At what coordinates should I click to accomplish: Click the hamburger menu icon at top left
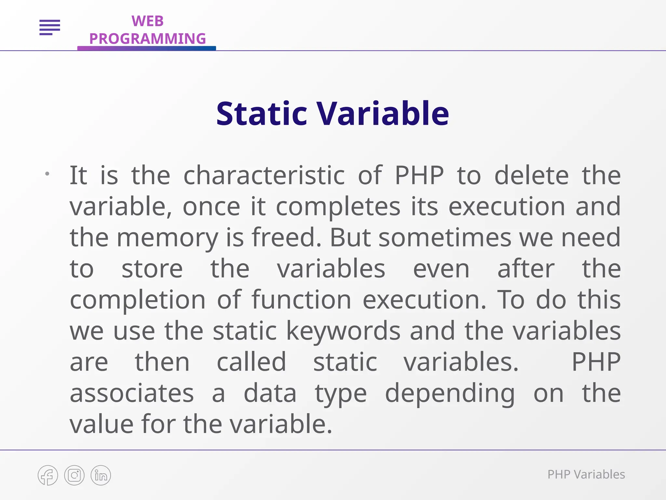coord(50,27)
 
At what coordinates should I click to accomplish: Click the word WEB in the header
coord(147,21)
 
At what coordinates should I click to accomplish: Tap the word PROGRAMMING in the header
coord(147,39)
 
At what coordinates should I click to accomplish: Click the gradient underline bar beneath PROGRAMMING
coord(146,48)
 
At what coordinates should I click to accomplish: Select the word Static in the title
coord(261,114)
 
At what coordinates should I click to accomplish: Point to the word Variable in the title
coord(383,114)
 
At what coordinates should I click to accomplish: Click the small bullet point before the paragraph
coord(47,174)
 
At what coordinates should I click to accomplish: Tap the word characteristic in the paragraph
coord(264,175)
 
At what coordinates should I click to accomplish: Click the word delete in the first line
coord(531,175)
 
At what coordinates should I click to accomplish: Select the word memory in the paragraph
coord(167,238)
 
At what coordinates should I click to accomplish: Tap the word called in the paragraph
coord(251,362)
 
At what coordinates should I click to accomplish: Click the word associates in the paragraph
coord(132,393)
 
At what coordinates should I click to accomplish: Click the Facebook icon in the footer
coord(48,475)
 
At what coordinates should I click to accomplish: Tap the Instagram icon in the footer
coord(74,475)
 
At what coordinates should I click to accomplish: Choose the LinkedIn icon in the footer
coord(101,475)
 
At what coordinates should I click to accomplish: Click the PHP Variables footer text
coord(586,475)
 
